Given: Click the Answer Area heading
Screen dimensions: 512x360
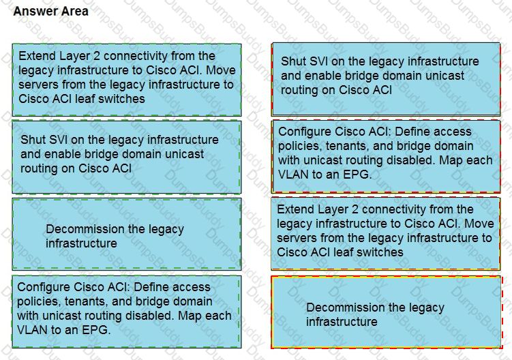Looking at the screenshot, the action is click(50, 11).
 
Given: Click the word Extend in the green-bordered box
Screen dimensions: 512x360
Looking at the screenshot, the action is click(37, 56).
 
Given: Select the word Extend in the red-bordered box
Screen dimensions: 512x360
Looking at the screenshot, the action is click(295, 209).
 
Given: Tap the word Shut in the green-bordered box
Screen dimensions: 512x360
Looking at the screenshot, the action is click(32, 140).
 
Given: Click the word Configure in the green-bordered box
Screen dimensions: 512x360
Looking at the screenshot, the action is click(44, 287).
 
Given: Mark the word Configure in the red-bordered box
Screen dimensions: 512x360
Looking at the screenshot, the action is click(305, 132).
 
